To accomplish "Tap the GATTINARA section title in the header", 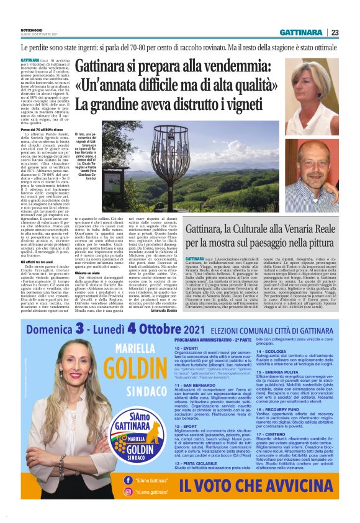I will coord(300,32).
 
